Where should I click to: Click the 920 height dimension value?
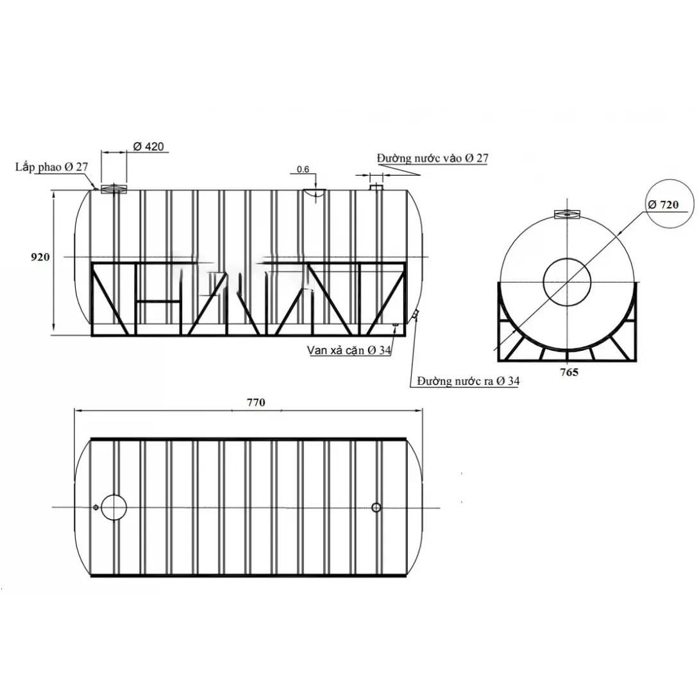pos(40,257)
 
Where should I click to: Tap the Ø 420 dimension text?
pos(148,146)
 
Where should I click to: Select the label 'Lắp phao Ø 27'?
pos(52,167)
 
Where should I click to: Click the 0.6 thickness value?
pos(303,169)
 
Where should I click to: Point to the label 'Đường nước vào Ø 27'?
pos(432,158)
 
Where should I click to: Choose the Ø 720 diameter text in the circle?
pos(663,205)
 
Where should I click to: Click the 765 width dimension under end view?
pos(569,372)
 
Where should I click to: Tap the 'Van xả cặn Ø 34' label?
pos(349,350)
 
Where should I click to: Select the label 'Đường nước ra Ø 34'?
pos(468,381)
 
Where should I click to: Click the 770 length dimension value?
pos(256,403)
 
